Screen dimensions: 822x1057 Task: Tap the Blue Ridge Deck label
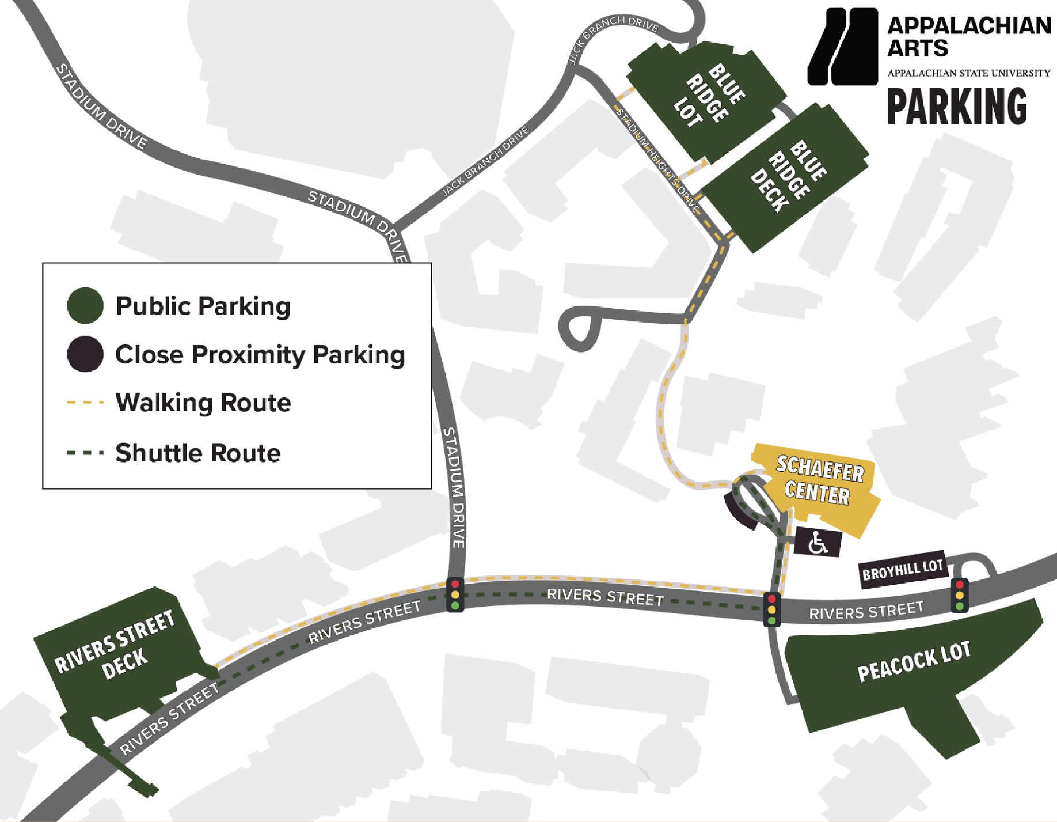789,176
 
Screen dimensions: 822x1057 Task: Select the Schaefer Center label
819,480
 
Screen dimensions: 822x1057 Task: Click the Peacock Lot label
914,662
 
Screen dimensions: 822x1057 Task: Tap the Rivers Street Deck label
115,646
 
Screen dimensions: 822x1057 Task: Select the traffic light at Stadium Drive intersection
455,594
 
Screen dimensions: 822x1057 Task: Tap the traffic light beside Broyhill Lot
959,594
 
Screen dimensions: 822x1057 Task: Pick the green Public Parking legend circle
85,305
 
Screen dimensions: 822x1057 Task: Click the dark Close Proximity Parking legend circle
85,354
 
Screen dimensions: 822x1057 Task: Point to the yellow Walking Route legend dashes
85,402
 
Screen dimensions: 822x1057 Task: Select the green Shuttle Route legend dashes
85,453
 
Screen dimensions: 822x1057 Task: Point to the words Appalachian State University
968,73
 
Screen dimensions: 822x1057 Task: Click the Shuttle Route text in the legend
198,453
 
